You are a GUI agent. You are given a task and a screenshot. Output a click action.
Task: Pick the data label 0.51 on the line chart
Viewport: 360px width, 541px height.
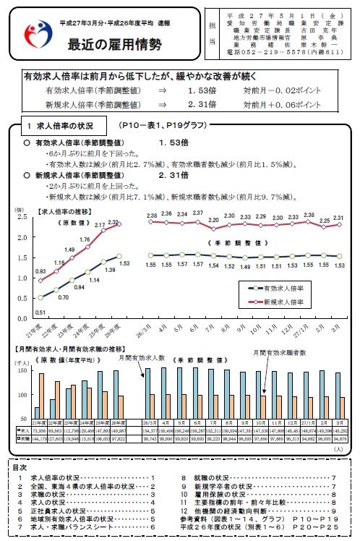coord(40,312)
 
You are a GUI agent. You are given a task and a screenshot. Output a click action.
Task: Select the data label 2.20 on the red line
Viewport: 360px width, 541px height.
coord(213,219)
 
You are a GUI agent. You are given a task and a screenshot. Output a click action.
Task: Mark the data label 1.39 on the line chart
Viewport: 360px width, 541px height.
coord(111,269)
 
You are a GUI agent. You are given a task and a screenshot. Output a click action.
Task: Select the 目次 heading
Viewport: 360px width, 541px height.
coord(21,467)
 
